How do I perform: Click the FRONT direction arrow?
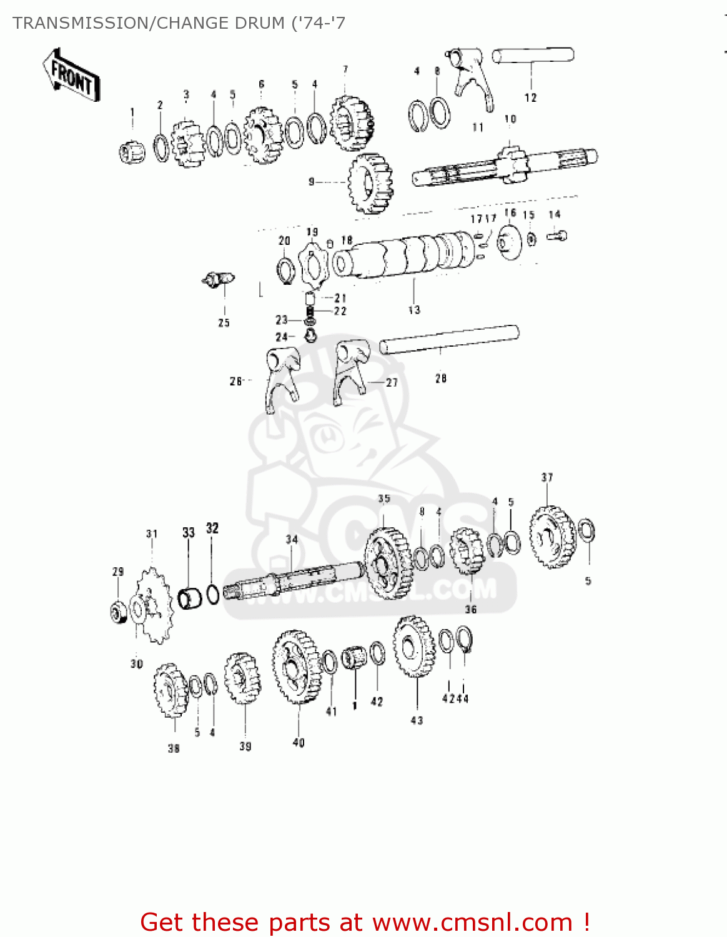point(71,75)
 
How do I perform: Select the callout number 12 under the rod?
point(530,97)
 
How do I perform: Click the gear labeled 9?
point(370,183)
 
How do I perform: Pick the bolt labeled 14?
point(557,235)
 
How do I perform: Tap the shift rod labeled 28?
point(450,340)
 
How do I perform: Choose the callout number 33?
point(189,532)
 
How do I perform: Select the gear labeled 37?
point(551,537)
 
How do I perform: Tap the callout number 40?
point(299,743)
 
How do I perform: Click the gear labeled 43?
point(413,647)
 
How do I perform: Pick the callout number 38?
point(174,748)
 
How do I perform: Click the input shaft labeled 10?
point(506,166)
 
